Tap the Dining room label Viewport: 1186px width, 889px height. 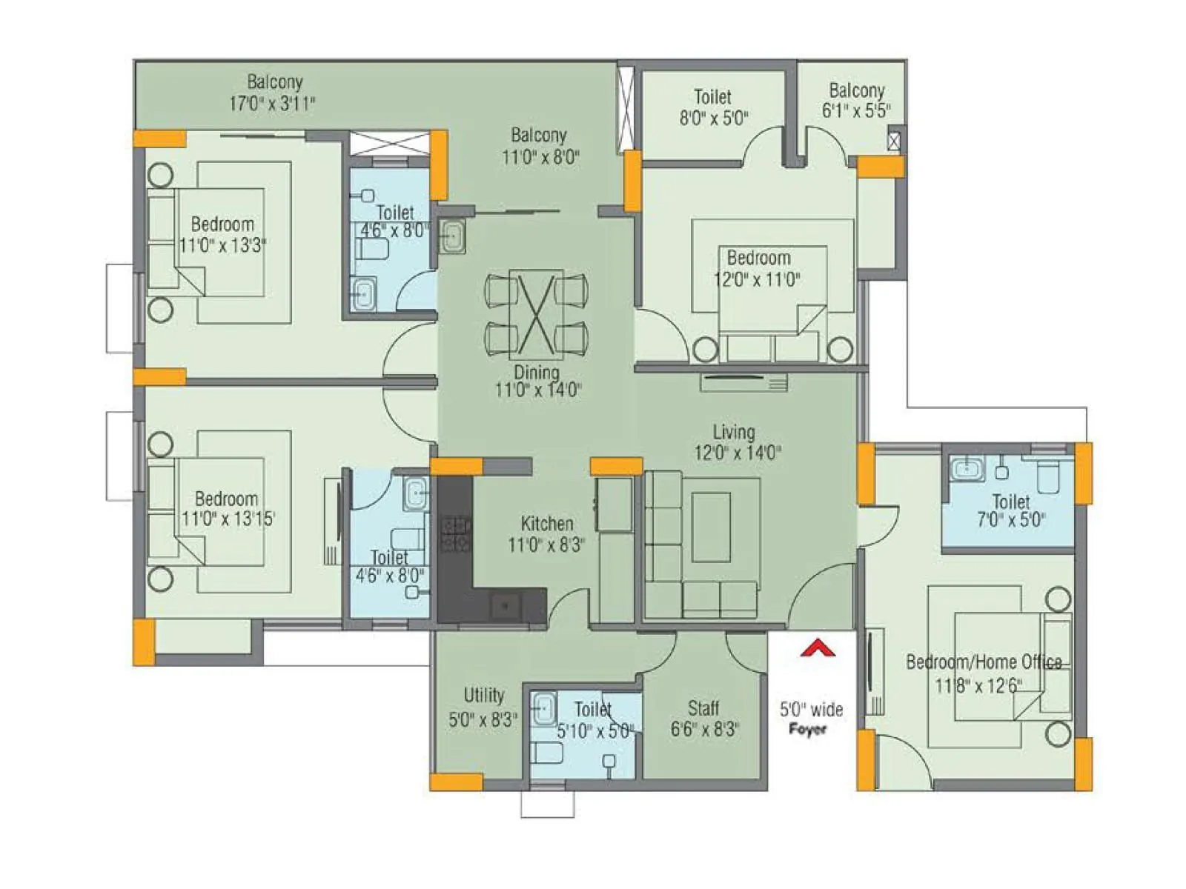537,372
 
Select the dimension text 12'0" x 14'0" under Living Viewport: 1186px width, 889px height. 737,452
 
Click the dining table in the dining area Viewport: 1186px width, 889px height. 536,311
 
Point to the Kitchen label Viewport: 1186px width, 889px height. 546,523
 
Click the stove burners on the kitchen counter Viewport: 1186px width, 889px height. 455,534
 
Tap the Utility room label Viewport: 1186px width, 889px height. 483,695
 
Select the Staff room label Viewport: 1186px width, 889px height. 703,707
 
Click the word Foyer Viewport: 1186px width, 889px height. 807,729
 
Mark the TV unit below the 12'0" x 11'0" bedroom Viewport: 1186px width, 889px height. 743,383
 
